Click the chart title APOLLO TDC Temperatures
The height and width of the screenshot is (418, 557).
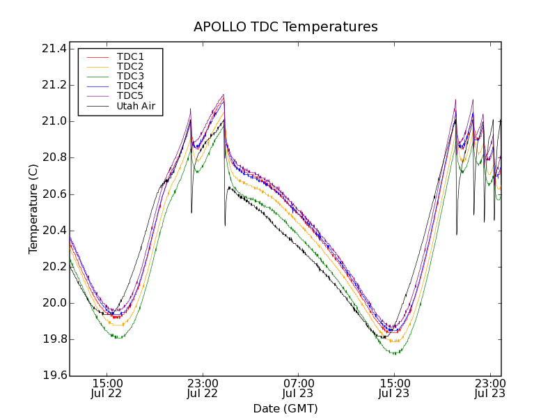tap(285, 27)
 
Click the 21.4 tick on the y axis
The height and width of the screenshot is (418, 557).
tap(54, 49)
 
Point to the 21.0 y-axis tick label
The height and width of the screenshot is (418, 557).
tap(54, 121)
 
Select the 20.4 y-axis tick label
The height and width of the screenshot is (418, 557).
tap(54, 231)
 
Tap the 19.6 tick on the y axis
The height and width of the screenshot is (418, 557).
tap(54, 376)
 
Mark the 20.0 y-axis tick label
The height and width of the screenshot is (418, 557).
tap(54, 303)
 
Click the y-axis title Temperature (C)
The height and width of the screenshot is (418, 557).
tap(33, 209)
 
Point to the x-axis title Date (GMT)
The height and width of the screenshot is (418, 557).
tap(285, 409)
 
